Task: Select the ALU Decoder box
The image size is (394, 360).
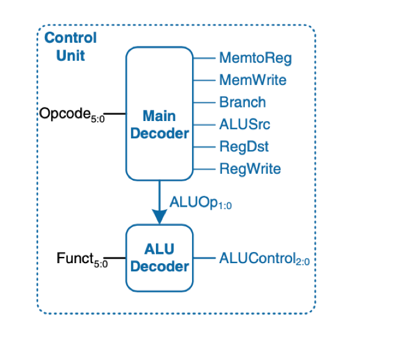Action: [160, 258]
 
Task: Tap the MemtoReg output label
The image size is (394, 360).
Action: [255, 58]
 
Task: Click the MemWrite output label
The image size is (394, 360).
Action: [252, 80]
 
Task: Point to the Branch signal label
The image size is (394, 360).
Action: [242, 102]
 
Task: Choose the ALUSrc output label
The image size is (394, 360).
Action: [244, 124]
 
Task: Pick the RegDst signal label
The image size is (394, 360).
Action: [244, 146]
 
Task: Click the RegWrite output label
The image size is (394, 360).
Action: [250, 169]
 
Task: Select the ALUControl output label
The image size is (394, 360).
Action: [264, 258]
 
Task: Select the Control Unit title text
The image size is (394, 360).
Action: [70, 47]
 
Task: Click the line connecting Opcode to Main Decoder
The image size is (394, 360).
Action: [116, 114]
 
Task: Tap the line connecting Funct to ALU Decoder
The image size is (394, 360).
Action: [116, 257]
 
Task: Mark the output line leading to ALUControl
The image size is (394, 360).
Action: [204, 257]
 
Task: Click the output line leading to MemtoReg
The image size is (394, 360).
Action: [204, 58]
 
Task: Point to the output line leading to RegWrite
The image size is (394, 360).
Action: [204, 169]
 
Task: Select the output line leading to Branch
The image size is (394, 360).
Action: [204, 102]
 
